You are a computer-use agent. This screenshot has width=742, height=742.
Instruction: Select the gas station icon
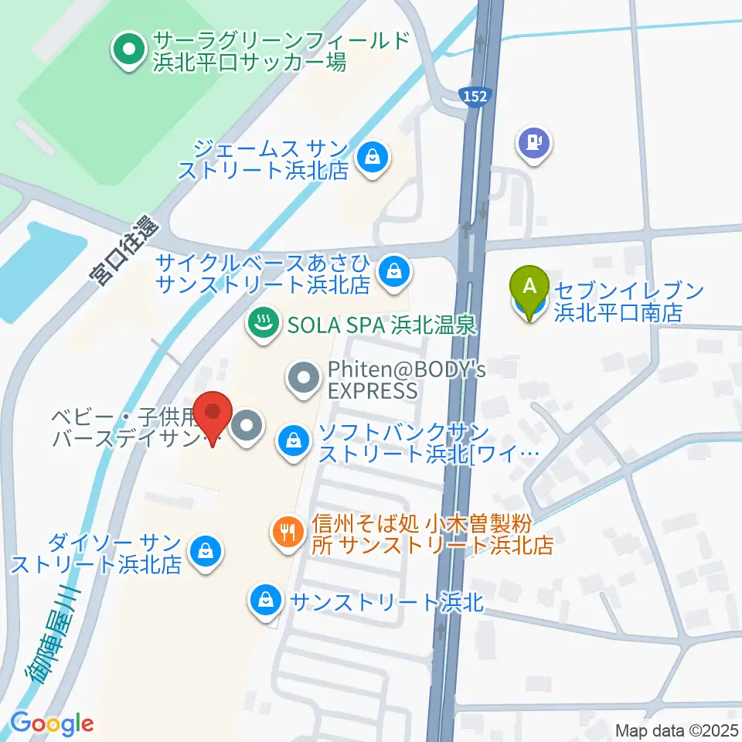point(534,143)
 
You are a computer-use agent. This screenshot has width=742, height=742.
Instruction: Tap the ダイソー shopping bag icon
point(206,552)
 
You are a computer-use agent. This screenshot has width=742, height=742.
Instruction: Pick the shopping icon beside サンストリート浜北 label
point(265,600)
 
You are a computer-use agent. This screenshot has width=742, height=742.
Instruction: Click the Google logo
point(52,723)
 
